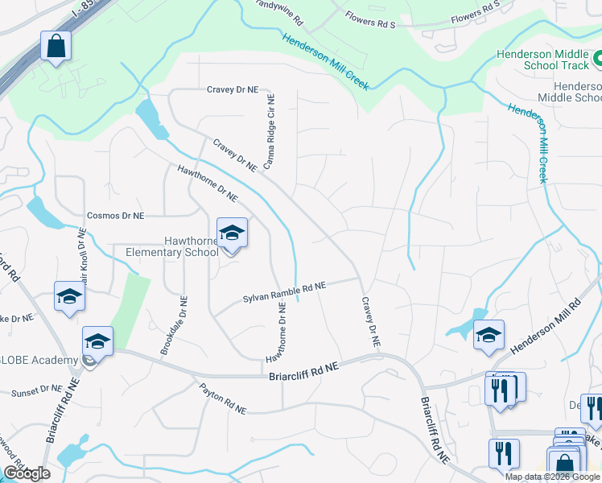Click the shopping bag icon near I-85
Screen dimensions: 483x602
(56, 47)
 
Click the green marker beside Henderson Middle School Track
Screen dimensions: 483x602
(597, 58)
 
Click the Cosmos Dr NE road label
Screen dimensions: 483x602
(115, 216)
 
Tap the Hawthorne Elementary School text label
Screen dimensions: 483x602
(171, 246)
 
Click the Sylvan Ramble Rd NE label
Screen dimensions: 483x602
(284, 292)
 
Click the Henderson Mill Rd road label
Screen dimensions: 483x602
(545, 325)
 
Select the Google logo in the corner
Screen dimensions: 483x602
(27, 473)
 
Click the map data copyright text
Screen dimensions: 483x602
(553, 477)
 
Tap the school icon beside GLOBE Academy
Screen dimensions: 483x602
(97, 343)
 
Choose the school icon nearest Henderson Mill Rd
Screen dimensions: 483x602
(488, 335)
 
